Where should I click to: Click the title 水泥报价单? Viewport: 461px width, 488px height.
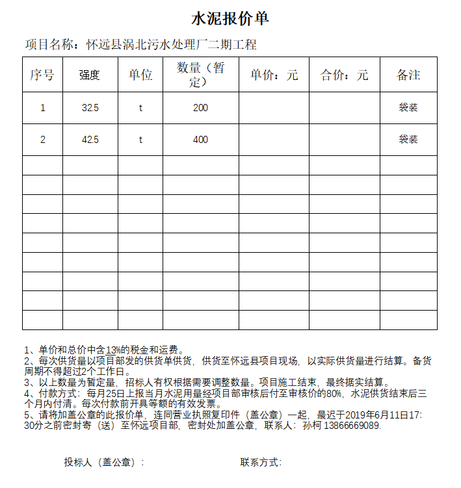[x=230, y=19]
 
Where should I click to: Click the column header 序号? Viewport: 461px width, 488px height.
[x=42, y=75]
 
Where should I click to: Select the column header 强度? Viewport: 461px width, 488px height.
[x=90, y=75]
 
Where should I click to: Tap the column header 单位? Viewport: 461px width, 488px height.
[x=140, y=75]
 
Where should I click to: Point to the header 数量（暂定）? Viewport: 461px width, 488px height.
[x=200, y=75]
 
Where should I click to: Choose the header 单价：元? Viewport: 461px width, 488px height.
[x=274, y=75]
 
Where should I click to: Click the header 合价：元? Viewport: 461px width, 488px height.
[x=344, y=75]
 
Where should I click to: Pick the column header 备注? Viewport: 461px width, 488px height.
[x=408, y=75]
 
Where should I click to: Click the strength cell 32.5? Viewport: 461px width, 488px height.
[x=90, y=108]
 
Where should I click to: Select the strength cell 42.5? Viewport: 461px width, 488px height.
[x=90, y=140]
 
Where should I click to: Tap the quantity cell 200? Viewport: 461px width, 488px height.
[x=200, y=108]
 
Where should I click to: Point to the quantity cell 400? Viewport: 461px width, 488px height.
[x=200, y=140]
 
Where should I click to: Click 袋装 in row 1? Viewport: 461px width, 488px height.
[x=408, y=108]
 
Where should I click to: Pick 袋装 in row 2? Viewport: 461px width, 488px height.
[x=408, y=140]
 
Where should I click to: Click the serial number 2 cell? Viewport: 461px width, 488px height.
[x=43, y=140]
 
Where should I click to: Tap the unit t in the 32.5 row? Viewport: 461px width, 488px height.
[x=140, y=108]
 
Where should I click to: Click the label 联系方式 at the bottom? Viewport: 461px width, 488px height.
[x=260, y=463]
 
